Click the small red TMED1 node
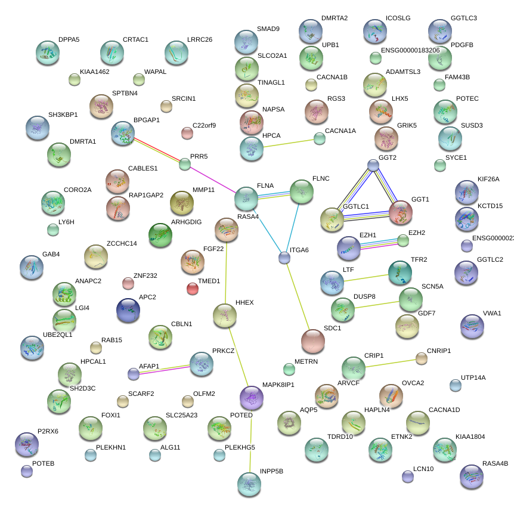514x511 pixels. [x=192, y=289]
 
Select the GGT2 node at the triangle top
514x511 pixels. [x=373, y=165]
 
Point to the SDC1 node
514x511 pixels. [x=312, y=340]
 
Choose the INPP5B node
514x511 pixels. [x=249, y=484]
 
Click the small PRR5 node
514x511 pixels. [x=185, y=164]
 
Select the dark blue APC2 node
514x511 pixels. [x=128, y=310]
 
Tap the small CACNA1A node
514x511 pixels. [x=320, y=139]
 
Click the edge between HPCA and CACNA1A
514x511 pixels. [x=289, y=144]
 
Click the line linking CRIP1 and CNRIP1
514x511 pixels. [x=391, y=363]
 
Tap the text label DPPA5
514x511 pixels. [x=69, y=40]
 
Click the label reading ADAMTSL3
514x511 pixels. [x=403, y=72]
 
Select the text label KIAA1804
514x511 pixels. [x=470, y=436]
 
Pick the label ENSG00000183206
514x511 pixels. [x=410, y=50]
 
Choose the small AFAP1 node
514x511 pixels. [x=134, y=374]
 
